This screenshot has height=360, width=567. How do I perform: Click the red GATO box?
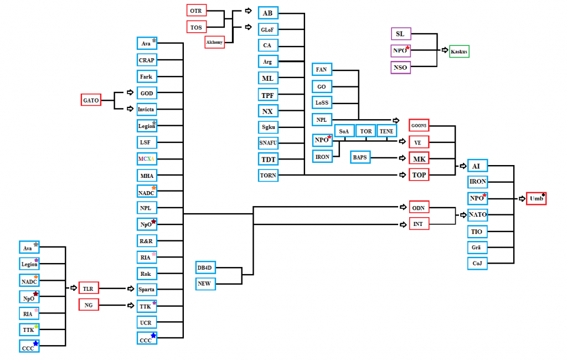point(91,100)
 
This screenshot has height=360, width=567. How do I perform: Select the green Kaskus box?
point(459,52)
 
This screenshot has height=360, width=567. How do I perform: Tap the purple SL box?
point(401,34)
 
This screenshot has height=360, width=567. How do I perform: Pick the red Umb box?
point(536,198)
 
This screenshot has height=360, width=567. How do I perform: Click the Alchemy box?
point(214,42)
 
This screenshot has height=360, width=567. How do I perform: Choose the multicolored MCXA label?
point(146,159)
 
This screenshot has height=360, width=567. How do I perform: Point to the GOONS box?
point(419,125)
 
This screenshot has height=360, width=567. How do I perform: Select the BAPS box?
point(360,157)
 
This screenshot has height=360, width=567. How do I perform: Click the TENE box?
point(386,131)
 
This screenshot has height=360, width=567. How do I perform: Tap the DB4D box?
point(205,268)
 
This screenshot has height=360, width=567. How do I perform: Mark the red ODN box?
point(419,208)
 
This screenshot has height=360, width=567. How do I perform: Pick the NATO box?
point(477,215)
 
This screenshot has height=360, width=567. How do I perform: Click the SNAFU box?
point(268,143)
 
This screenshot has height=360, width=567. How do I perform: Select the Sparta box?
point(146,290)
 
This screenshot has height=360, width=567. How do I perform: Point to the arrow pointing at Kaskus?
point(445,50)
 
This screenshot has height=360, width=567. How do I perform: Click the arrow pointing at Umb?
point(522,199)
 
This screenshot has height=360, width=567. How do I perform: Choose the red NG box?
point(89,305)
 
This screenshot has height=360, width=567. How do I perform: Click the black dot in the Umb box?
point(543,195)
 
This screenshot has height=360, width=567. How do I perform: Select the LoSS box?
point(322,103)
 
